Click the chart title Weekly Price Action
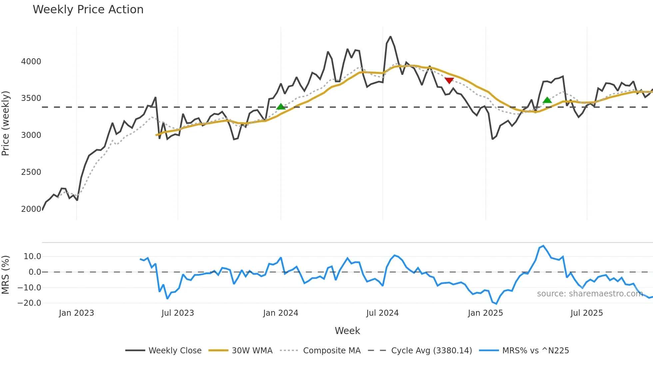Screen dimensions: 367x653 [88, 10]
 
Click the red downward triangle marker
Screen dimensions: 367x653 [449, 80]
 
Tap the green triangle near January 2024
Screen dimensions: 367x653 [281, 107]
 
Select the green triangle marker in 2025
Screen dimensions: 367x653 [547, 100]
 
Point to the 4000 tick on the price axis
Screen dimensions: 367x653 [31, 62]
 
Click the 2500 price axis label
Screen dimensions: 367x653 [31, 172]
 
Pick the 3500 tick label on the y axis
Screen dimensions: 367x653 [31, 98]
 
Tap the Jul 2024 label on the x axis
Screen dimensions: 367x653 [382, 313]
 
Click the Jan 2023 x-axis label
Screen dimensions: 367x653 [76, 313]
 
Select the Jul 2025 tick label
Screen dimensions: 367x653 [587, 313]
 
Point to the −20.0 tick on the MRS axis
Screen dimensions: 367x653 [29, 303]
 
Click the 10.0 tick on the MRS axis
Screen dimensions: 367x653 [32, 256]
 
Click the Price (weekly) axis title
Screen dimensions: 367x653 [5, 123]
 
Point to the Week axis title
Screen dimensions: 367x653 [347, 331]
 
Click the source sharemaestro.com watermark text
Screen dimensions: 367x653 [590, 294]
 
